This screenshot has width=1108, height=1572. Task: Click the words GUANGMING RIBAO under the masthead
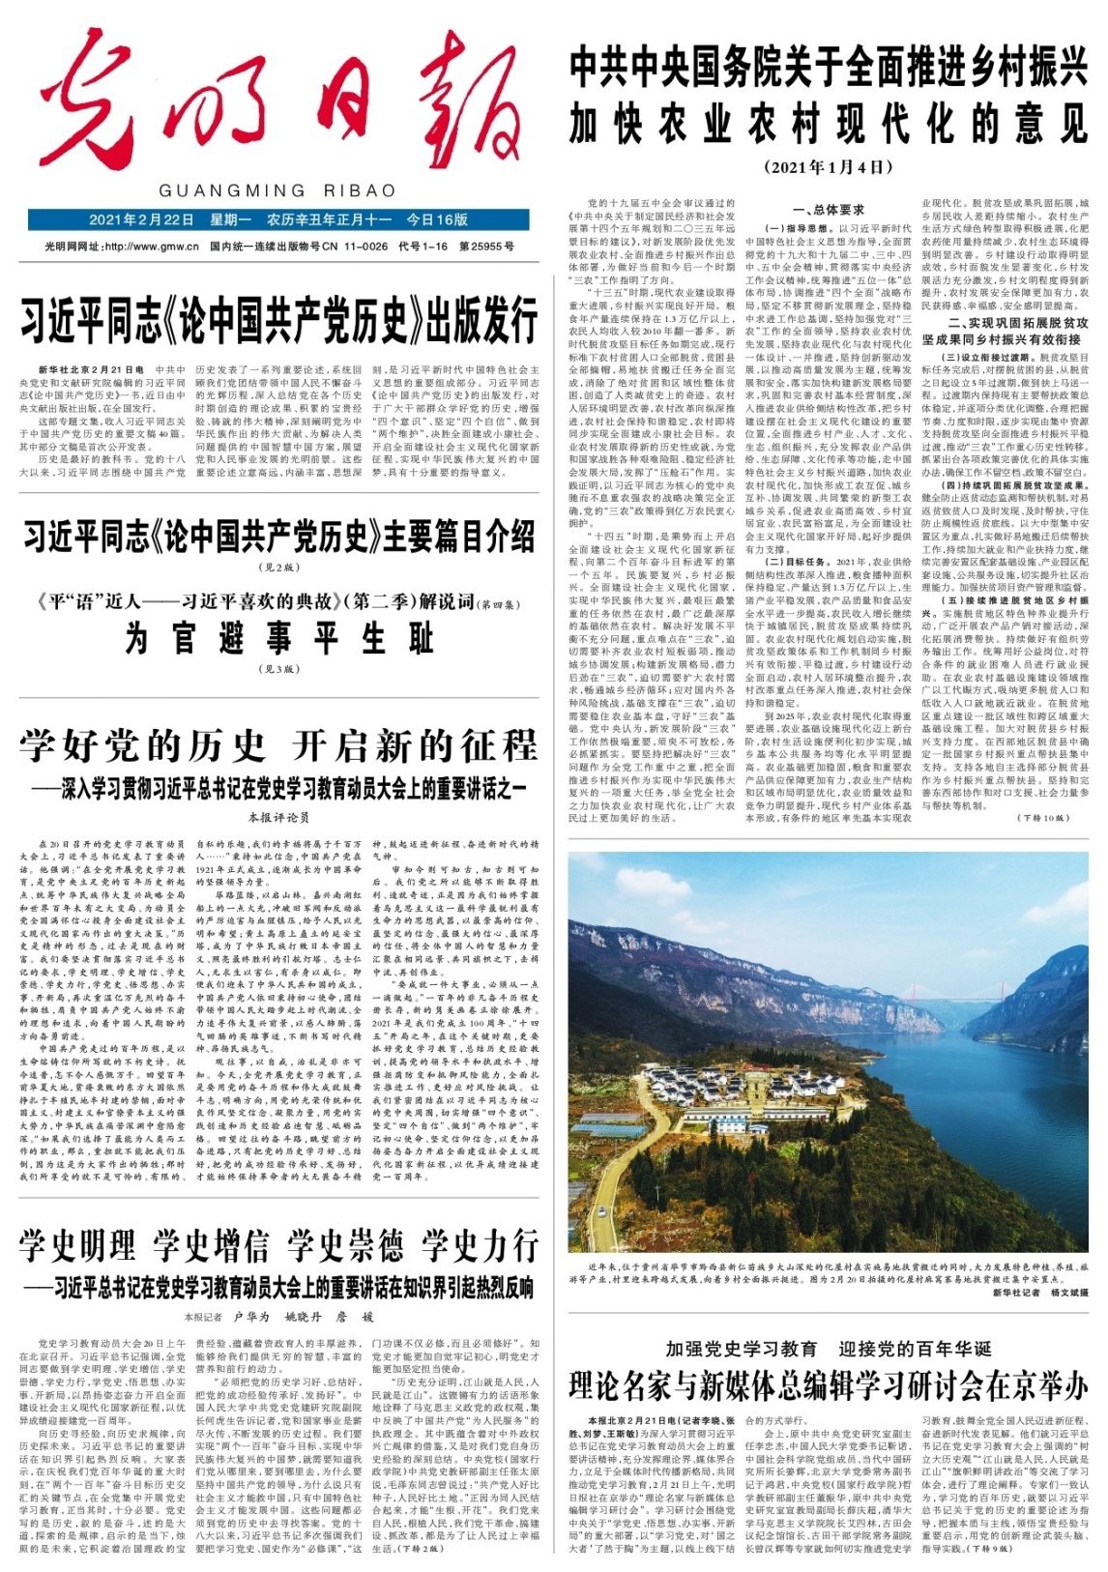[277, 190]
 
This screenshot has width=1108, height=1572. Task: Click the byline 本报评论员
[278, 817]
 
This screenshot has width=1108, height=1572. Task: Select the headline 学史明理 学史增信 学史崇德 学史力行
[278, 1245]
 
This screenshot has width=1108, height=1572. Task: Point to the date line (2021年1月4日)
[829, 167]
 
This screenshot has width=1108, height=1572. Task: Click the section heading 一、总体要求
[828, 209]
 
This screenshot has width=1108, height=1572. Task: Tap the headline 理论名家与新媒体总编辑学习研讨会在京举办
[829, 1386]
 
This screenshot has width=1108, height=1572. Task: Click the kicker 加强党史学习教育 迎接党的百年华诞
[829, 1349]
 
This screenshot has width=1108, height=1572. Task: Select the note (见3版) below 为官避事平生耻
[278, 669]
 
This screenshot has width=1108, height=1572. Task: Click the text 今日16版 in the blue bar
[437, 219]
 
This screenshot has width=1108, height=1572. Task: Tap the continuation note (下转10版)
[1042, 818]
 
